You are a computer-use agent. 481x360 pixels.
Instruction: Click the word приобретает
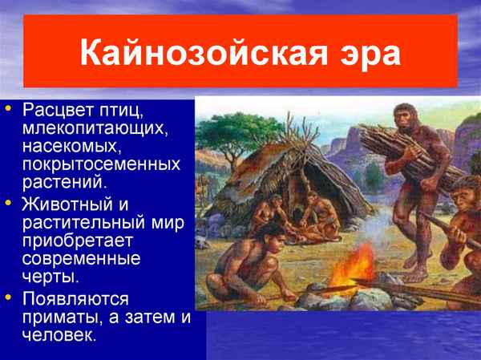pos(78,241)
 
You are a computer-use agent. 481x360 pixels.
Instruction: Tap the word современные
pos(83,260)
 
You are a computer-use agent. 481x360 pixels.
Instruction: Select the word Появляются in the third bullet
pos(75,298)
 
